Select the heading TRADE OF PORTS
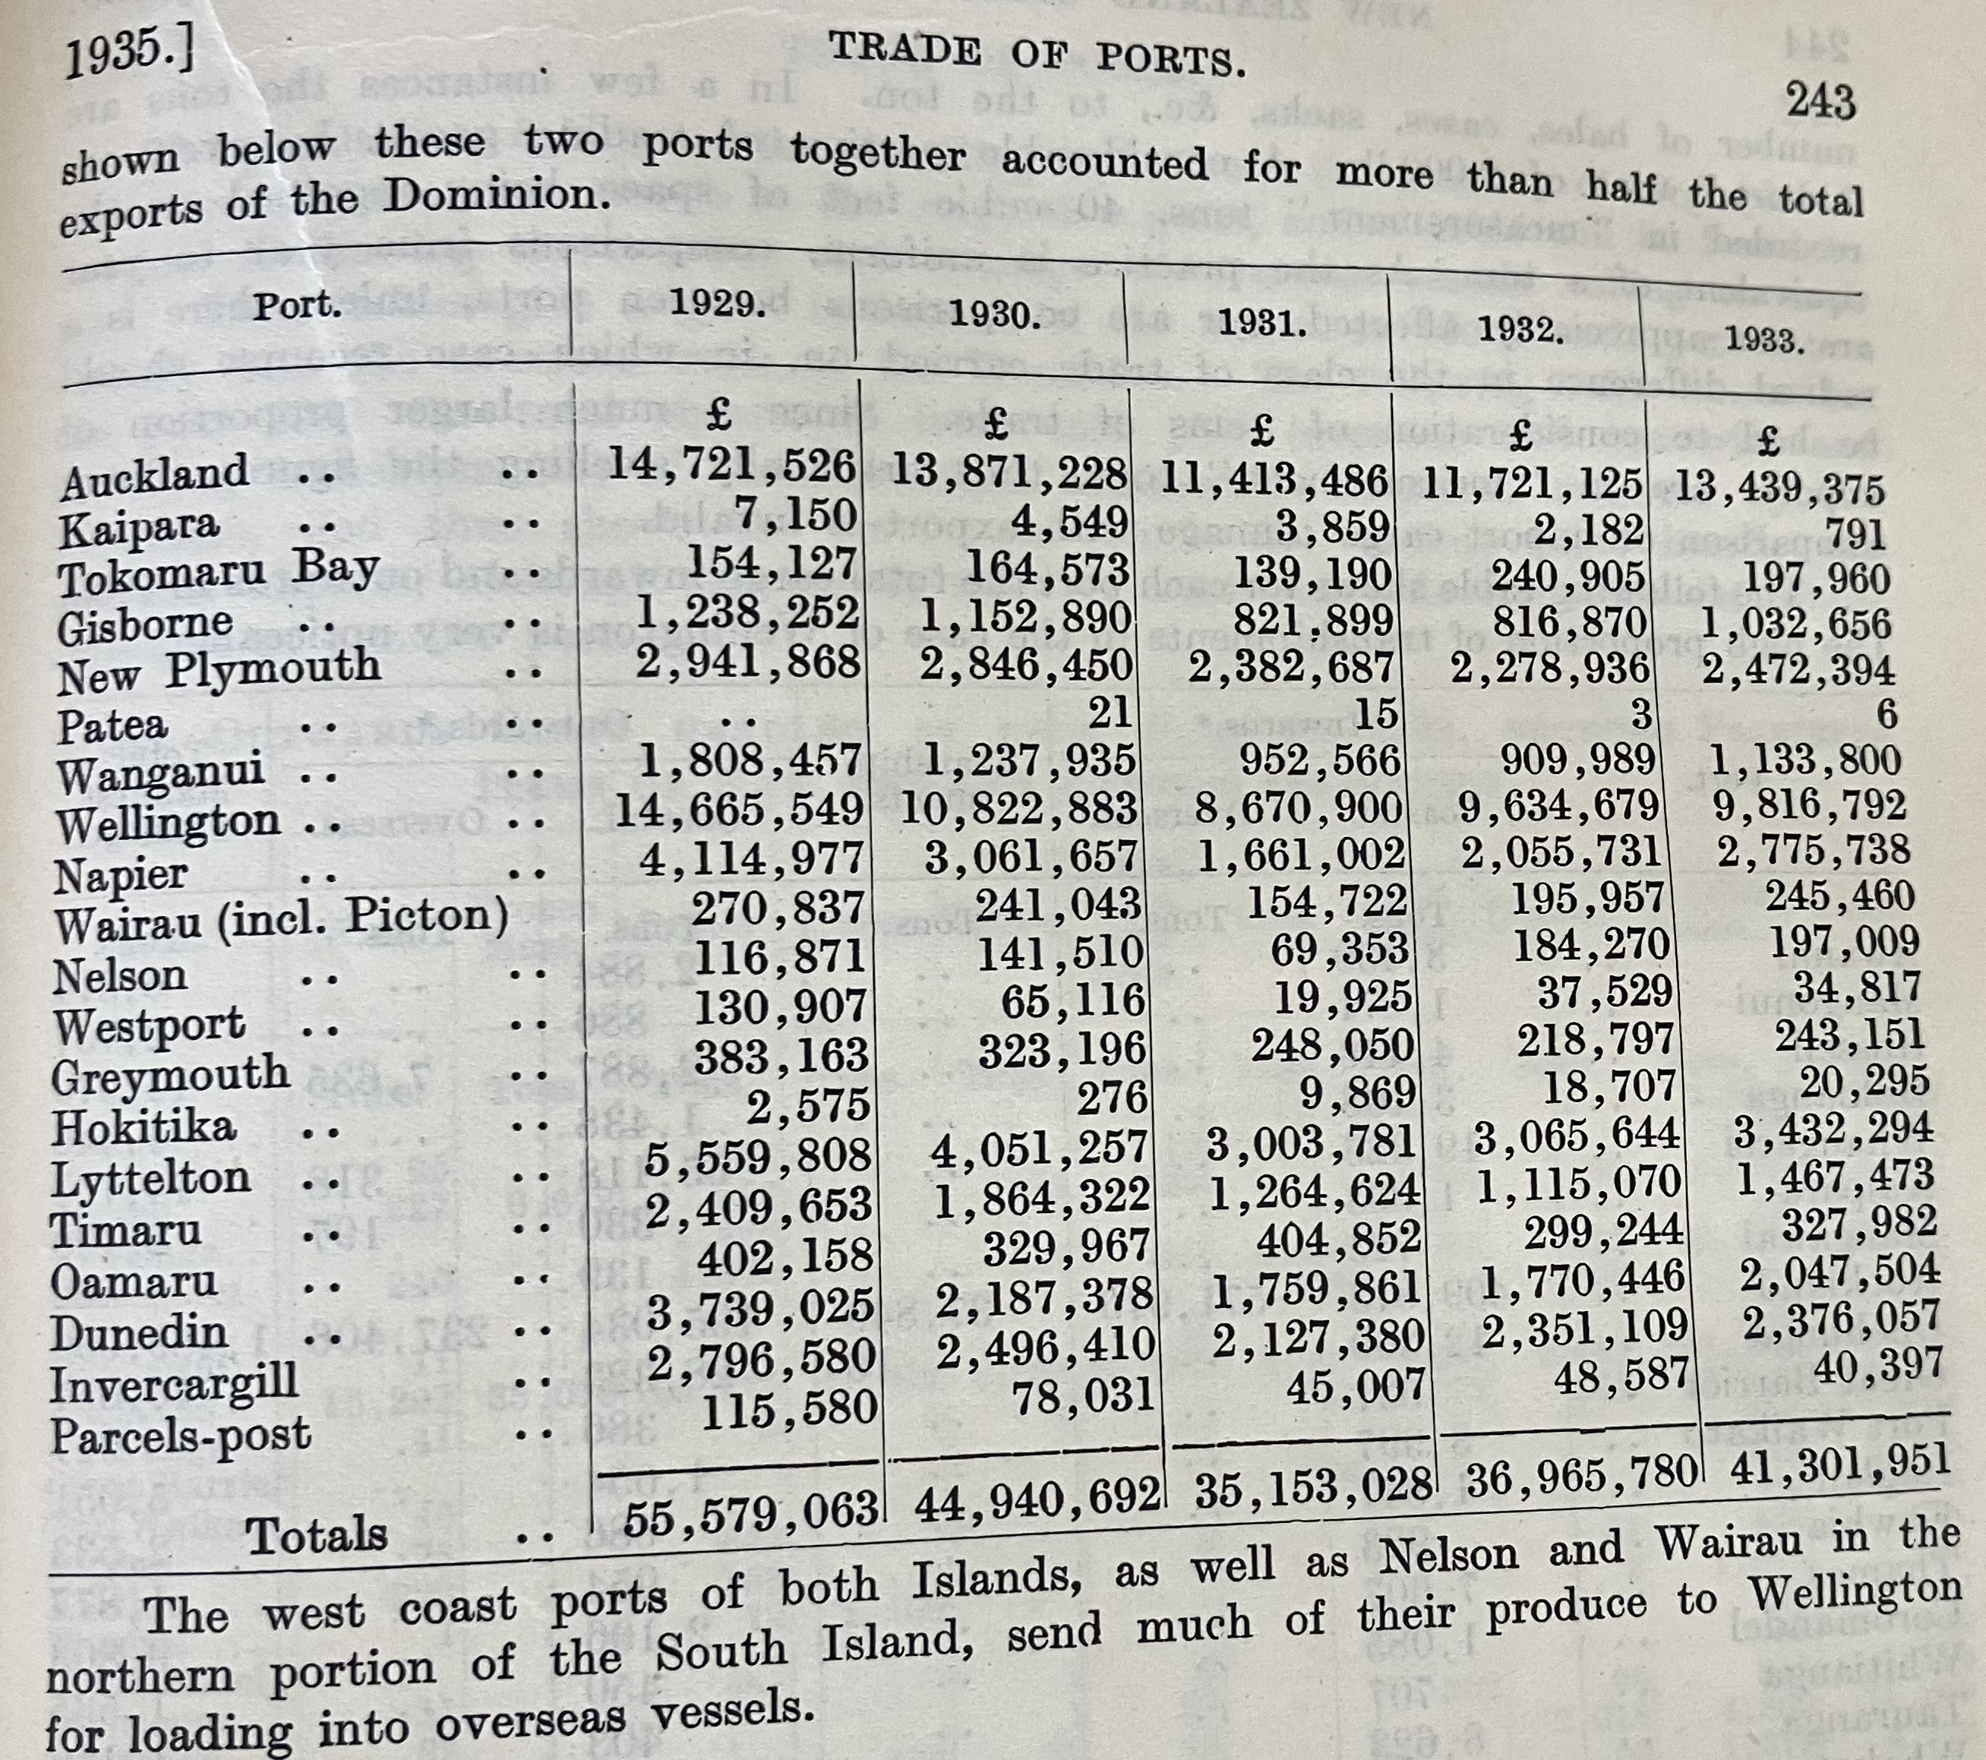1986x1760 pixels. pos(1037,55)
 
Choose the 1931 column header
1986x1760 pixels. pos(1262,323)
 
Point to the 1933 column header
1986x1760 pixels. pos(1763,340)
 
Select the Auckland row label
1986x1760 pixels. pos(153,474)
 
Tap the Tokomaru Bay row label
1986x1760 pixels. pos(219,570)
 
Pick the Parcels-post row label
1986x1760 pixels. pos(181,1434)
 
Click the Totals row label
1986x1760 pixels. pos(317,1534)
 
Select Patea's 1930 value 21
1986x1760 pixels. pos(1109,713)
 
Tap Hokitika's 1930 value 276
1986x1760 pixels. pos(1113,1098)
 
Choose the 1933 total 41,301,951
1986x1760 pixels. pos(1839,1460)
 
